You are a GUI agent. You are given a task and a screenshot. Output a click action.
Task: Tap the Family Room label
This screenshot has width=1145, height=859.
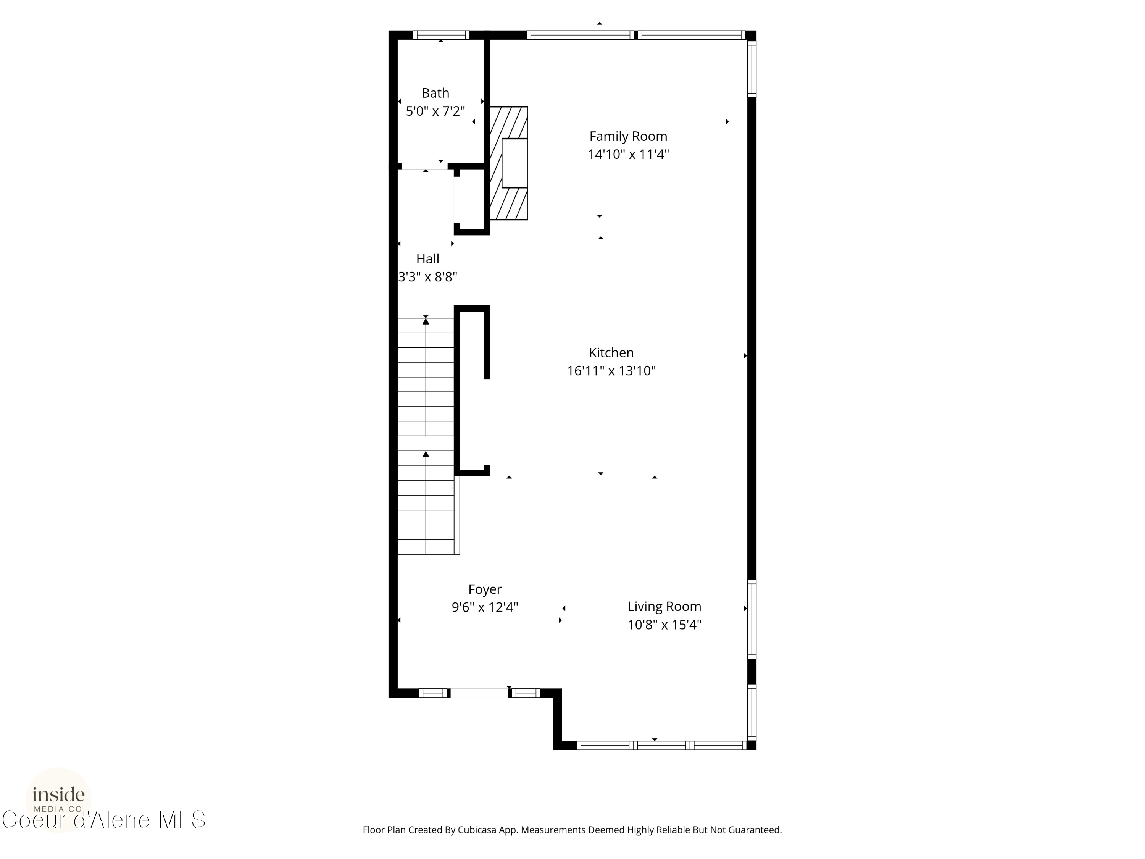[628, 136]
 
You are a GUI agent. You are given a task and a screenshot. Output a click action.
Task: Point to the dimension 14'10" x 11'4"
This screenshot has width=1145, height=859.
[628, 154]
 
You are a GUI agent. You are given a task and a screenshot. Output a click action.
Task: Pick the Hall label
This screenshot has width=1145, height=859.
[427, 259]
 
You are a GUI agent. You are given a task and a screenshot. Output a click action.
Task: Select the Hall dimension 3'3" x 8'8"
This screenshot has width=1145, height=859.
[427, 277]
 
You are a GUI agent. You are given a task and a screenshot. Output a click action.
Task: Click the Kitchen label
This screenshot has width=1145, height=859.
[611, 353]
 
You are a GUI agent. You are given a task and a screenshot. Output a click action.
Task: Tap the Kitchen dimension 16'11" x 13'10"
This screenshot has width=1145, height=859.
[611, 371]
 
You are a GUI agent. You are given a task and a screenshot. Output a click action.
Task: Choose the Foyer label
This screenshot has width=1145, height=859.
[484, 589]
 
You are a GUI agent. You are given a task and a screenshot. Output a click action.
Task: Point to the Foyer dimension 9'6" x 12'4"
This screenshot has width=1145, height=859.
[484, 607]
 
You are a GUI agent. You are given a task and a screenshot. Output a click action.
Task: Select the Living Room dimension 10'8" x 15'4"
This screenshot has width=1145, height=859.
[664, 625]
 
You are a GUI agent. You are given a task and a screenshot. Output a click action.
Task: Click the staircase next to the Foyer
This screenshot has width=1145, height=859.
[426, 435]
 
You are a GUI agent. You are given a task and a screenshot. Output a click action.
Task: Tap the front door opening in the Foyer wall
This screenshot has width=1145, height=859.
[479, 693]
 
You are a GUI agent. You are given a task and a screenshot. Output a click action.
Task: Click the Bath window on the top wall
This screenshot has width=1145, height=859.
[441, 35]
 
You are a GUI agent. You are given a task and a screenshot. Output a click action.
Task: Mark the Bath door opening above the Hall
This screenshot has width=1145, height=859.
[424, 166]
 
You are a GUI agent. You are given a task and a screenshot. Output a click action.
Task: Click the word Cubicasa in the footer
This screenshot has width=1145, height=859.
[477, 830]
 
